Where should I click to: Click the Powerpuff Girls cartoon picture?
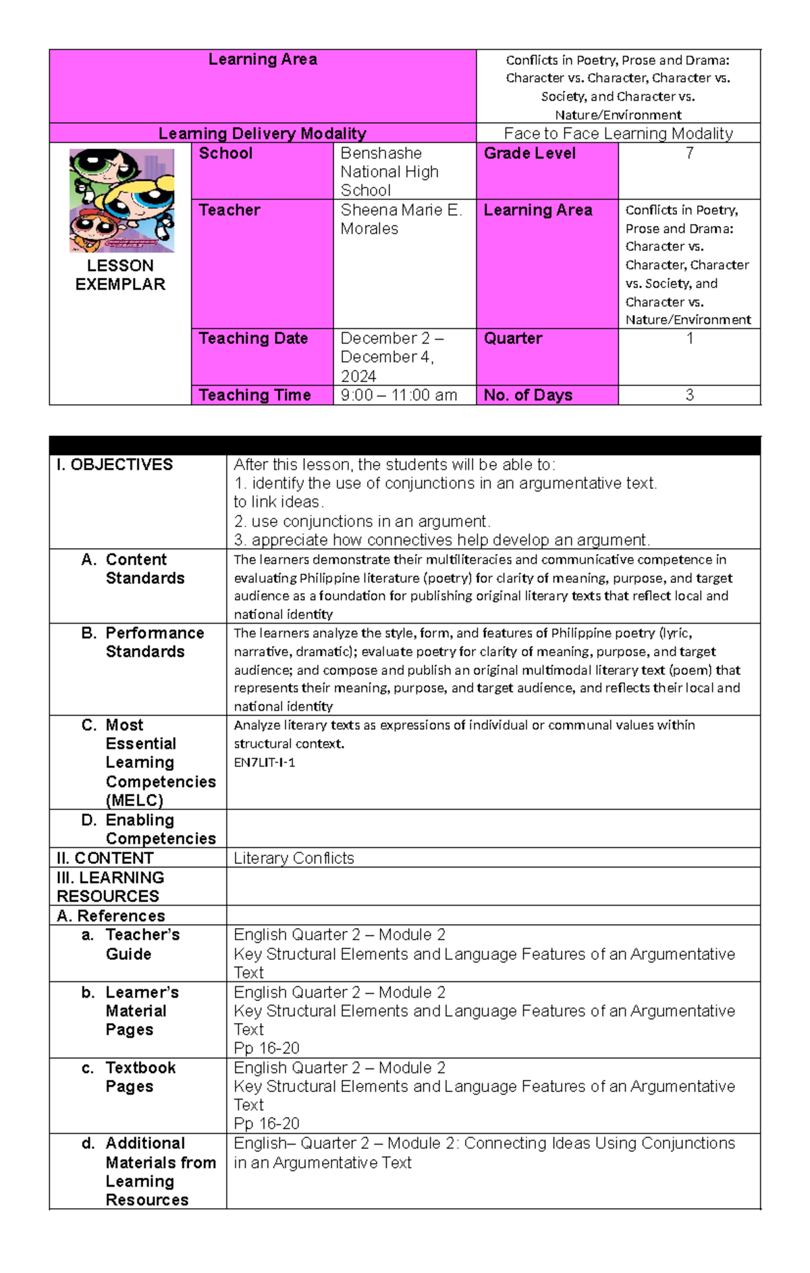[x=122, y=200]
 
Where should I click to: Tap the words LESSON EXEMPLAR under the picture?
[x=120, y=275]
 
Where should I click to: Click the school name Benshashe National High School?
[x=389, y=172]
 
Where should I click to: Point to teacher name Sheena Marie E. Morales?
[x=401, y=219]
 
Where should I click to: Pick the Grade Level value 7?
[x=689, y=154]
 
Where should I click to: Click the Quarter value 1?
[x=689, y=339]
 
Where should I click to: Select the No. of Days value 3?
[x=689, y=396]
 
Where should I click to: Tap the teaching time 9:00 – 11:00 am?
[x=398, y=396]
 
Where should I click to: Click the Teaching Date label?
[x=253, y=339]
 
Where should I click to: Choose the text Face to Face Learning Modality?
[x=618, y=134]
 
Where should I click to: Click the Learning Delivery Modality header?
[x=263, y=134]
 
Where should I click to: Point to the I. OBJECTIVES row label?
[x=115, y=465]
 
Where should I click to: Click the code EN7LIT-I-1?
[x=265, y=763]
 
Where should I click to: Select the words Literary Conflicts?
[x=294, y=859]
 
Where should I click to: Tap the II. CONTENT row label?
[x=105, y=859]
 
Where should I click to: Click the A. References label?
[x=111, y=916]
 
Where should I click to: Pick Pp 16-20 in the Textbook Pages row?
[x=267, y=1124]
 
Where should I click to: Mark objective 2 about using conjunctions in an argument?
[x=362, y=522]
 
